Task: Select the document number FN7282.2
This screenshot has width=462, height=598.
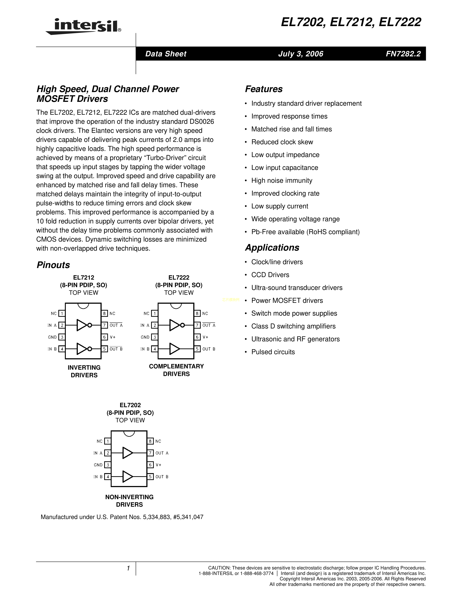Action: [x=403, y=54]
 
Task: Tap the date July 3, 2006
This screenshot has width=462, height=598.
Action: [x=301, y=54]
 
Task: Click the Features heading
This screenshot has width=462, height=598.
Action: [x=264, y=89]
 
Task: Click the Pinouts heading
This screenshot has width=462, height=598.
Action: [x=53, y=265]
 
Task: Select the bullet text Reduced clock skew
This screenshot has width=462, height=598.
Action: [x=282, y=142]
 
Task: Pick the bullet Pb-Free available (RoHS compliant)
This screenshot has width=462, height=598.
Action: [x=305, y=232]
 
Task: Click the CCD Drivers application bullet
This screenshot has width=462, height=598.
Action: [x=270, y=275]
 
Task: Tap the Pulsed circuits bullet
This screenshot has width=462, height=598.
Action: [x=273, y=352]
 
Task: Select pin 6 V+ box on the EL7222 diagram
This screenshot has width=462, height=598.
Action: [x=197, y=337]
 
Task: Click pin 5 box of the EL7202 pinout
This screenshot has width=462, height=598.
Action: [x=150, y=477]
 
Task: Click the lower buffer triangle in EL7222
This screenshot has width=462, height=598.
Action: [x=174, y=349]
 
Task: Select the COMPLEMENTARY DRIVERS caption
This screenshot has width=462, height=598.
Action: [x=176, y=370]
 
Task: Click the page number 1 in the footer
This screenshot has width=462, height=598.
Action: [x=128, y=568]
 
